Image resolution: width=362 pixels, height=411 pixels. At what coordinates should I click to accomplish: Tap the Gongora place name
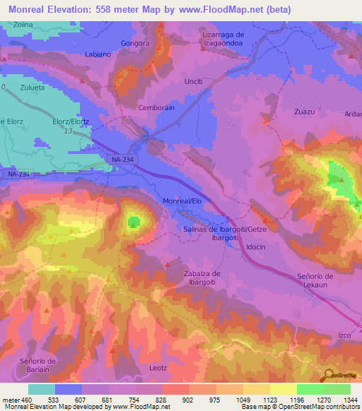(136, 42)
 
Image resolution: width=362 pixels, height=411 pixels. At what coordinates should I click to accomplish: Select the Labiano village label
(98, 54)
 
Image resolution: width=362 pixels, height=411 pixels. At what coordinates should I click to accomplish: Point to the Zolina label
(22, 24)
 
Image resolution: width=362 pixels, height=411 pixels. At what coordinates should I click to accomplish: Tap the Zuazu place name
(305, 112)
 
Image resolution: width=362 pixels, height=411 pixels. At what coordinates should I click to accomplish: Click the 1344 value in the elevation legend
(350, 399)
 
